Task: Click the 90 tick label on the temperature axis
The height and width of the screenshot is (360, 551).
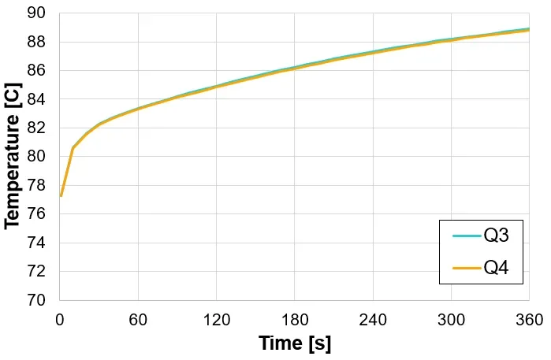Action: [x=36, y=13]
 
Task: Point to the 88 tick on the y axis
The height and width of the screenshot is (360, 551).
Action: [x=36, y=42]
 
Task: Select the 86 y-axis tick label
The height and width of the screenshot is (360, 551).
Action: [x=36, y=71]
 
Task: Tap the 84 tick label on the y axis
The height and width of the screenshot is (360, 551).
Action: [x=36, y=99]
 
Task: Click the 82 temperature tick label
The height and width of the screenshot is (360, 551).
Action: [x=36, y=128]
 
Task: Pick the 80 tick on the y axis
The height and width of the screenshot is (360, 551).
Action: [x=36, y=157]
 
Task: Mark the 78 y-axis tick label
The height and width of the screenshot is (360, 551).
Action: [x=36, y=185]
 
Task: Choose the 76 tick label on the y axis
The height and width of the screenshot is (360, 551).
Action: [x=36, y=214]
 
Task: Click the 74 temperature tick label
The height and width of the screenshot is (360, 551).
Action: [x=36, y=243]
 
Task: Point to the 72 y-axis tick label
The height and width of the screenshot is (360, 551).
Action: [x=36, y=272]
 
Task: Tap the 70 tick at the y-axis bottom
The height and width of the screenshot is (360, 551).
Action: [x=36, y=300]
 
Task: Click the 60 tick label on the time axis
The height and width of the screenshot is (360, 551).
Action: [x=138, y=320]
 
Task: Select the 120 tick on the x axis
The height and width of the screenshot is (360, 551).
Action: [x=216, y=320]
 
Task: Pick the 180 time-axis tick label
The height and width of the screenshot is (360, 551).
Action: [x=294, y=320]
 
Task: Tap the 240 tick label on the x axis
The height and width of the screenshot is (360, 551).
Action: [x=372, y=320]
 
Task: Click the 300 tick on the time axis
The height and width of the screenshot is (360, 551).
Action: [x=451, y=320]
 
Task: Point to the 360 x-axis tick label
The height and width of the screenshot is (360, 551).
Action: [x=528, y=320]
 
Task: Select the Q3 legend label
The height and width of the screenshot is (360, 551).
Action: [x=496, y=236]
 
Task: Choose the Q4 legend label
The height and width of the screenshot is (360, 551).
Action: [x=496, y=268]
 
